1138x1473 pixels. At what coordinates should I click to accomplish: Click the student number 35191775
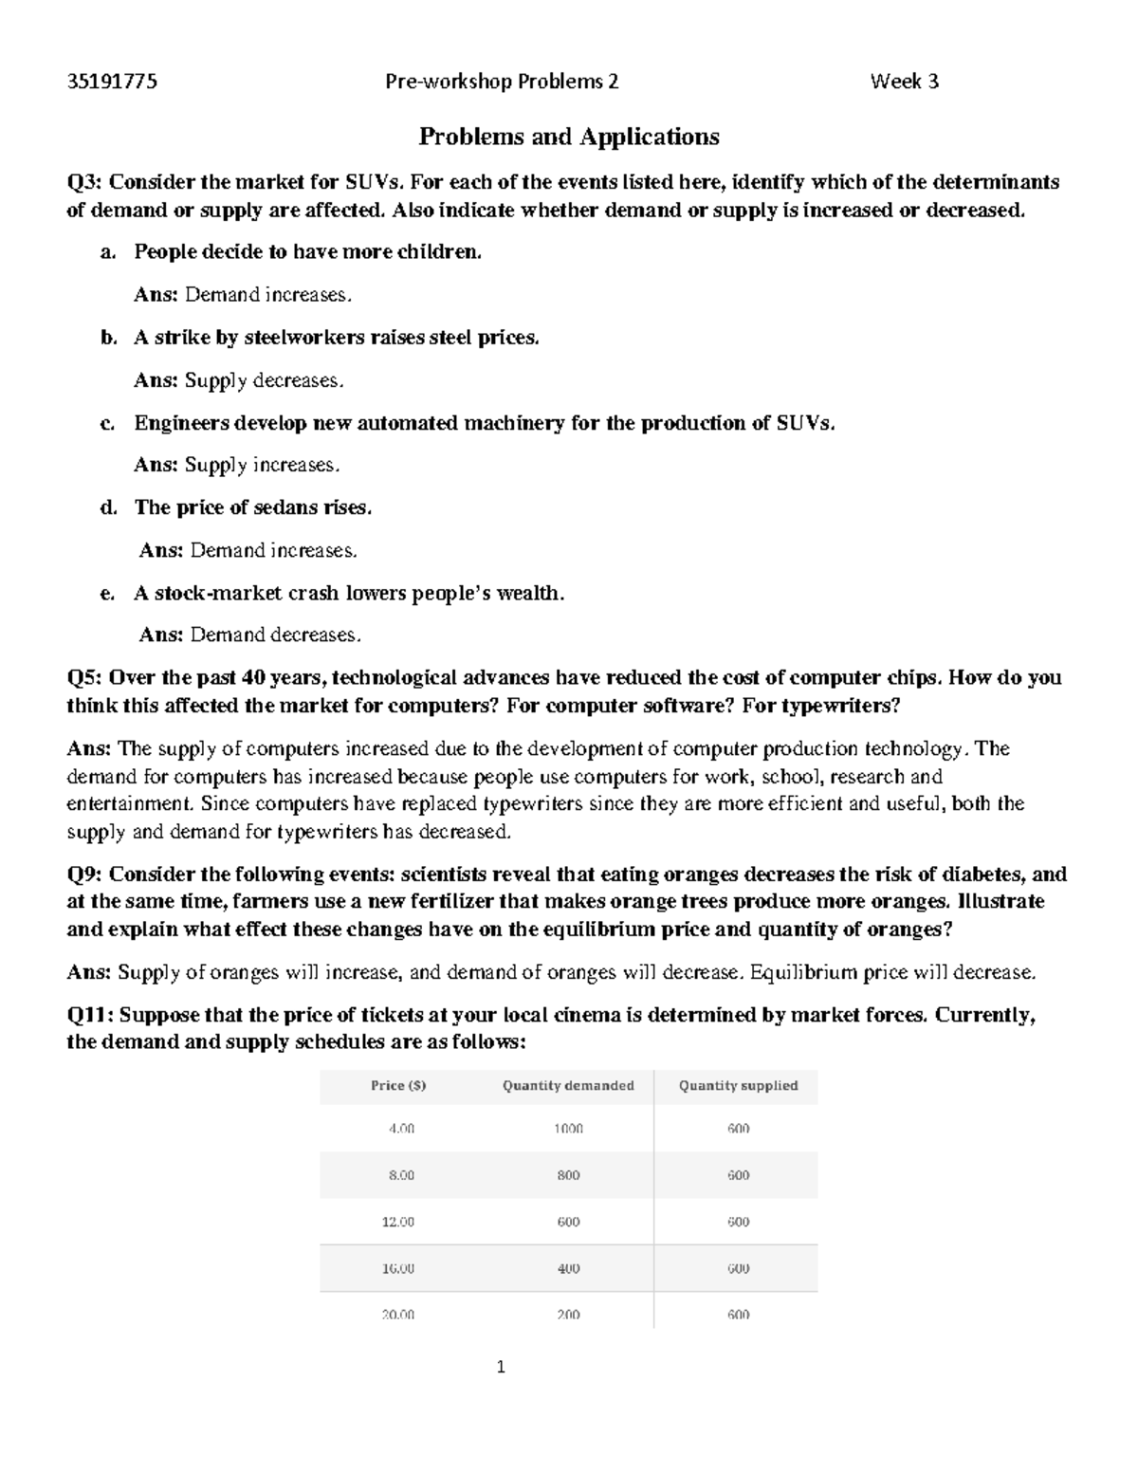112,82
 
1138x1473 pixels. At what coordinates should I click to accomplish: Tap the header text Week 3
904,82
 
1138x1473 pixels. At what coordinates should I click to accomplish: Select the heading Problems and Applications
569,137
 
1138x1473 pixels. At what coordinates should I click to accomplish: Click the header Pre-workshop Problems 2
502,82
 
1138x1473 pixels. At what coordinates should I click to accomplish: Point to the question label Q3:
85,182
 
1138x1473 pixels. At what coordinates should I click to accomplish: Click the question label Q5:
85,678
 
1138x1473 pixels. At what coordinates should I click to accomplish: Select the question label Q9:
85,875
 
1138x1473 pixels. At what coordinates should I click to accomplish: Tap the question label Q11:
90,1015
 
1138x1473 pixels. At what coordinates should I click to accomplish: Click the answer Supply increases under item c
262,466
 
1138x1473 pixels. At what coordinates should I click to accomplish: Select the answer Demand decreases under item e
275,635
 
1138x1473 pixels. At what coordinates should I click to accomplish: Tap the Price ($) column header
398,1086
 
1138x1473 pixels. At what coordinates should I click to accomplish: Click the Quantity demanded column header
568,1086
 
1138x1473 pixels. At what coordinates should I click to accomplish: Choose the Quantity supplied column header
738,1086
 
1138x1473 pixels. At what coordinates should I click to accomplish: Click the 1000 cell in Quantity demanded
568,1129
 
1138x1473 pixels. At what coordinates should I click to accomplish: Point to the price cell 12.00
398,1222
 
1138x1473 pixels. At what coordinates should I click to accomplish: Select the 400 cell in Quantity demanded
568,1268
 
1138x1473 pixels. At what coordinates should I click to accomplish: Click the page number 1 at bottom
502,1368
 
